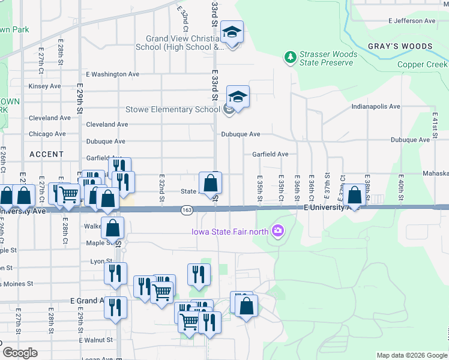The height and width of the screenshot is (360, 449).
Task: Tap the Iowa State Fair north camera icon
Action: [x=277, y=230]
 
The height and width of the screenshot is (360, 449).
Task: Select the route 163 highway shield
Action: [x=187, y=209]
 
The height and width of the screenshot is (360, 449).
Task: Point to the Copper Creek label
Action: [x=421, y=64]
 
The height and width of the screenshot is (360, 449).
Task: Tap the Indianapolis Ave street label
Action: [x=376, y=106]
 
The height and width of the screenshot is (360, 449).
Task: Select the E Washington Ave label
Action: [x=112, y=74]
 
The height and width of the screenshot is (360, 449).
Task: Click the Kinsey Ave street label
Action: [x=45, y=86]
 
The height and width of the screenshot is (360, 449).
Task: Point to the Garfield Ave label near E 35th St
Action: [x=270, y=154]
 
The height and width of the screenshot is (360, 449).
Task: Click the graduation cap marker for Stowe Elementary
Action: [x=238, y=96]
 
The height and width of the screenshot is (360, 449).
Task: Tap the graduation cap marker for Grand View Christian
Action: [x=232, y=32]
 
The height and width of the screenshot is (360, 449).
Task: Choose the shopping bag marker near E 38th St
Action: [x=355, y=194]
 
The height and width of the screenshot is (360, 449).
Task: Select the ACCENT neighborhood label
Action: [x=46, y=154]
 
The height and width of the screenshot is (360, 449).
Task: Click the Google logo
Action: [x=20, y=353]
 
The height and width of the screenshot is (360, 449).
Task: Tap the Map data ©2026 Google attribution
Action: [x=412, y=355]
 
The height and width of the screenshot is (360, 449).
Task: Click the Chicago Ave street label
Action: [x=47, y=134]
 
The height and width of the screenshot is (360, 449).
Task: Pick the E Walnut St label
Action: [x=91, y=340]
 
